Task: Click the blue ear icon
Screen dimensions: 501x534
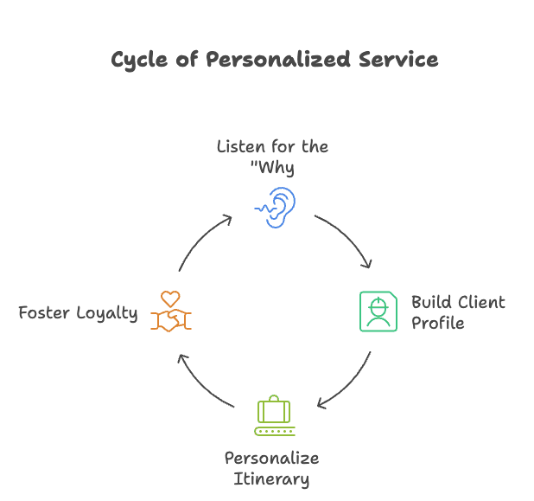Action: point(276,206)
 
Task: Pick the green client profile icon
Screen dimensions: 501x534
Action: point(378,312)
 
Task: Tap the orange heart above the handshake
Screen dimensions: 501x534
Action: point(170,299)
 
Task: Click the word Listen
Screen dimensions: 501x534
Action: point(241,146)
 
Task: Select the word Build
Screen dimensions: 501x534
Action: point(429,303)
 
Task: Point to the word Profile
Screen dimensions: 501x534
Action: point(438,324)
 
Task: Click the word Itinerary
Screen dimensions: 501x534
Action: point(271,479)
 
